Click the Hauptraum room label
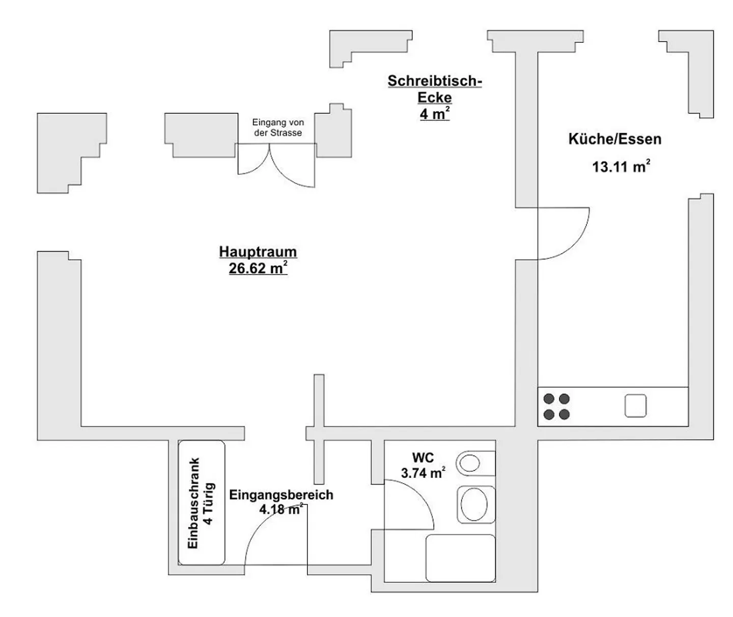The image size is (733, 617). pyautogui.click(x=258, y=252)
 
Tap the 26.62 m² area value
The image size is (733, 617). pyautogui.click(x=258, y=268)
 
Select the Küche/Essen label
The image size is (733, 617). pyautogui.click(x=615, y=139)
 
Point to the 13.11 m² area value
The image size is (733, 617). pyautogui.click(x=621, y=166)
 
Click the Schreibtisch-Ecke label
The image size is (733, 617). pyautogui.click(x=435, y=89)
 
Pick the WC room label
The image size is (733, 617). pyautogui.click(x=423, y=458)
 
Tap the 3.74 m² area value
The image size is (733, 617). pyautogui.click(x=423, y=473)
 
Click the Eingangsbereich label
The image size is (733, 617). pyautogui.click(x=281, y=495)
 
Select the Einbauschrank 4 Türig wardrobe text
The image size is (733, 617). pyautogui.click(x=201, y=503)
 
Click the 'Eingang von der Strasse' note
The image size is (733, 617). pyautogui.click(x=278, y=127)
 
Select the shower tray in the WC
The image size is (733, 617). pyautogui.click(x=460, y=558)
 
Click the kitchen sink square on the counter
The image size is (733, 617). pyautogui.click(x=635, y=406)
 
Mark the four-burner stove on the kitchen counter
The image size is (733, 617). pyautogui.click(x=556, y=407)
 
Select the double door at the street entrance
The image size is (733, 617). pyautogui.click(x=276, y=165)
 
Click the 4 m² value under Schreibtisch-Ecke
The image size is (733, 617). pyautogui.click(x=435, y=114)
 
